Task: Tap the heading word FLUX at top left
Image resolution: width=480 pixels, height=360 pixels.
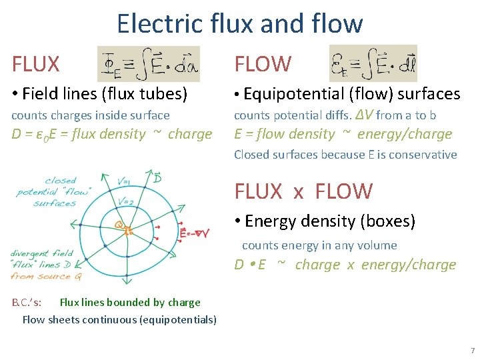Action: pos(36,64)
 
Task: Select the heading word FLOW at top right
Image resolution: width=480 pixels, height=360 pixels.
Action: pos(263,64)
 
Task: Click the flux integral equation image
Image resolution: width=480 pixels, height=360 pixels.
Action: pos(148,64)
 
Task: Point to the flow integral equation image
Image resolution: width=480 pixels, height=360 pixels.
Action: pos(373,64)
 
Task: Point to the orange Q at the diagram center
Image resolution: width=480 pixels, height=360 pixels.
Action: pos(119,225)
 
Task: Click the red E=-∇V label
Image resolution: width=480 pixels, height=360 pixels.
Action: pos(194,233)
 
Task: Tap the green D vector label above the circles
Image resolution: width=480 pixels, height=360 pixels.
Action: pos(157,179)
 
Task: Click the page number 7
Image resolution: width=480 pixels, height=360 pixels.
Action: pos(472,351)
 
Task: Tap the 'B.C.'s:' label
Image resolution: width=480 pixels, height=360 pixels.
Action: pos(27,302)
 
